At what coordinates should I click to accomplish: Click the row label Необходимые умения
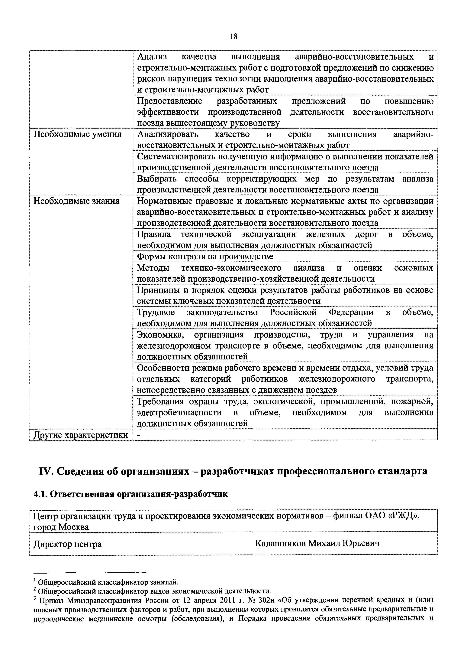pyautogui.click(x=77, y=134)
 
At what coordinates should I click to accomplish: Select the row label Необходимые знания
pyautogui.click(x=76, y=201)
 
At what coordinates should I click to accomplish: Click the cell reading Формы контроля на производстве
pyautogui.click(x=205, y=256)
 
